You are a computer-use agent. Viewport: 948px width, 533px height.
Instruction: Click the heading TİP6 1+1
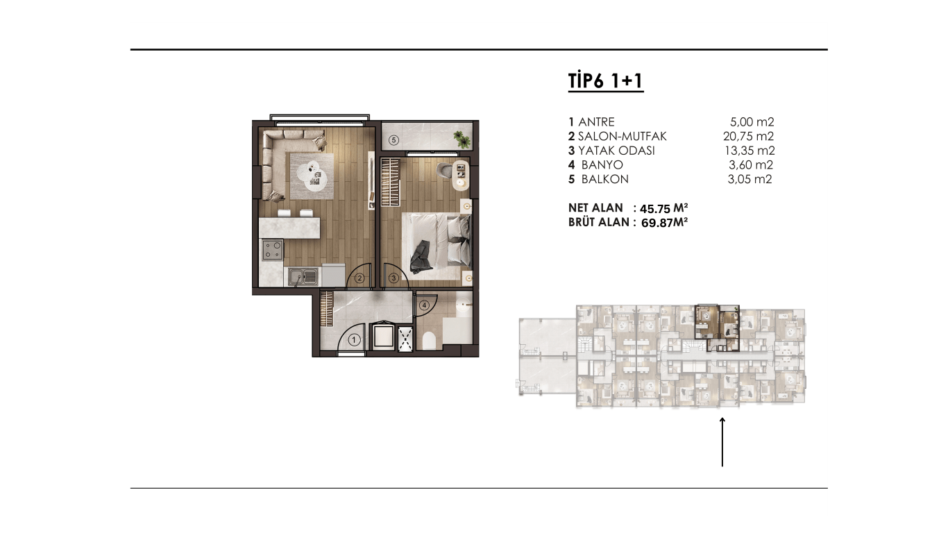point(606,81)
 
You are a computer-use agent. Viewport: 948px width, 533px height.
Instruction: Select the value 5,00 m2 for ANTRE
point(752,122)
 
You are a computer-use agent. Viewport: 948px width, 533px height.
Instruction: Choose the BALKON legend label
point(604,179)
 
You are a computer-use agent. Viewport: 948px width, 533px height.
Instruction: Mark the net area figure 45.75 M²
point(663,208)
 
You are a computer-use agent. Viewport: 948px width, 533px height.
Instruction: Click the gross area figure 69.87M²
point(664,223)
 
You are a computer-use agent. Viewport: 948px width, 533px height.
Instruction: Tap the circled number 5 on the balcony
point(393,139)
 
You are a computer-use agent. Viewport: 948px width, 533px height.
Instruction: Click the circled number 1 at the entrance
point(354,339)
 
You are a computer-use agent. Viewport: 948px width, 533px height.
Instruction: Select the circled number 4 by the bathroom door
point(423,305)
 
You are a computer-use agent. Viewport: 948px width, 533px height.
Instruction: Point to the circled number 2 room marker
point(359,278)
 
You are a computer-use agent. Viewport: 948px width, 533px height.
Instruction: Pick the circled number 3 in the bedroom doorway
point(393,278)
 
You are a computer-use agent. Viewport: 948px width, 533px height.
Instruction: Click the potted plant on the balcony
point(462,138)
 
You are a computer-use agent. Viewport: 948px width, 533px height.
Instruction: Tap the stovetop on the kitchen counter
point(272,249)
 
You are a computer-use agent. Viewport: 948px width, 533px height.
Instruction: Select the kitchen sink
point(303,277)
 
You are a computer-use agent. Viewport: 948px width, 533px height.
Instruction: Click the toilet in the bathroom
point(429,341)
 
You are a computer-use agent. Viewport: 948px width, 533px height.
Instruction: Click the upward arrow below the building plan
point(722,442)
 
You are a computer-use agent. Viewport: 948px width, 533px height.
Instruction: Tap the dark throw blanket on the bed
point(421,257)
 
